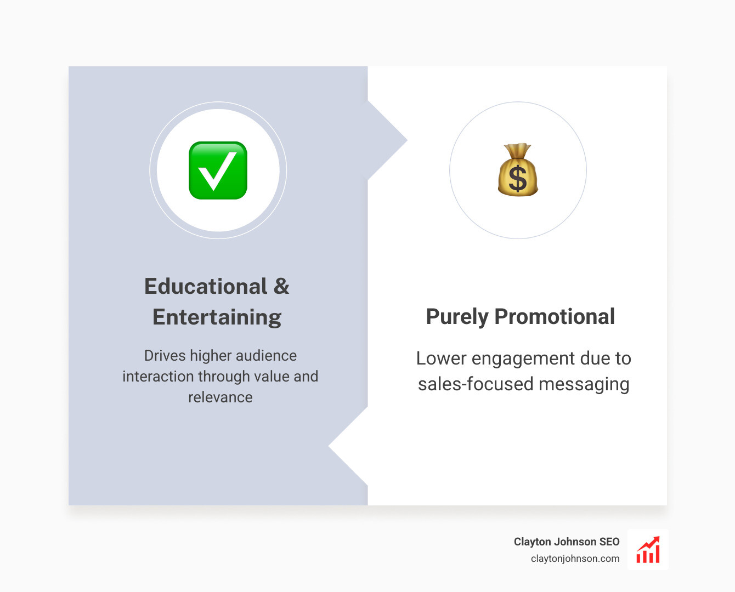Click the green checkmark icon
(x=218, y=170)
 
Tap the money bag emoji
(x=518, y=171)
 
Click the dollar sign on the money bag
(x=518, y=179)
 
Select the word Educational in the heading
(x=206, y=286)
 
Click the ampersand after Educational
(x=281, y=286)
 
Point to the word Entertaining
(x=217, y=317)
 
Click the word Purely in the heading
(x=457, y=317)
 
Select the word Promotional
(x=555, y=317)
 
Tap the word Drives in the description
(x=165, y=356)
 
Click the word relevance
(x=220, y=397)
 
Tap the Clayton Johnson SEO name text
(x=567, y=542)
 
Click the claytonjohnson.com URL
(x=575, y=559)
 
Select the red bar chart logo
(x=648, y=550)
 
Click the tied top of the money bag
(x=518, y=149)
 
